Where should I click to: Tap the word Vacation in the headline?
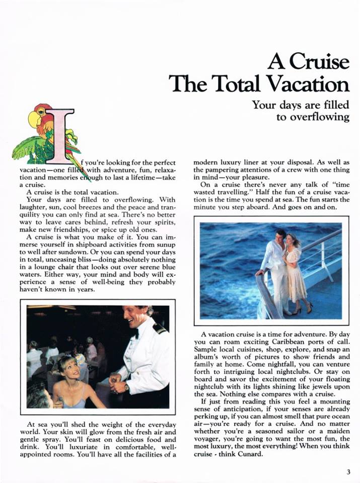(307, 83)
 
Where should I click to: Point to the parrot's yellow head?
(35, 118)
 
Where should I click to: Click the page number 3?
(348, 471)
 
